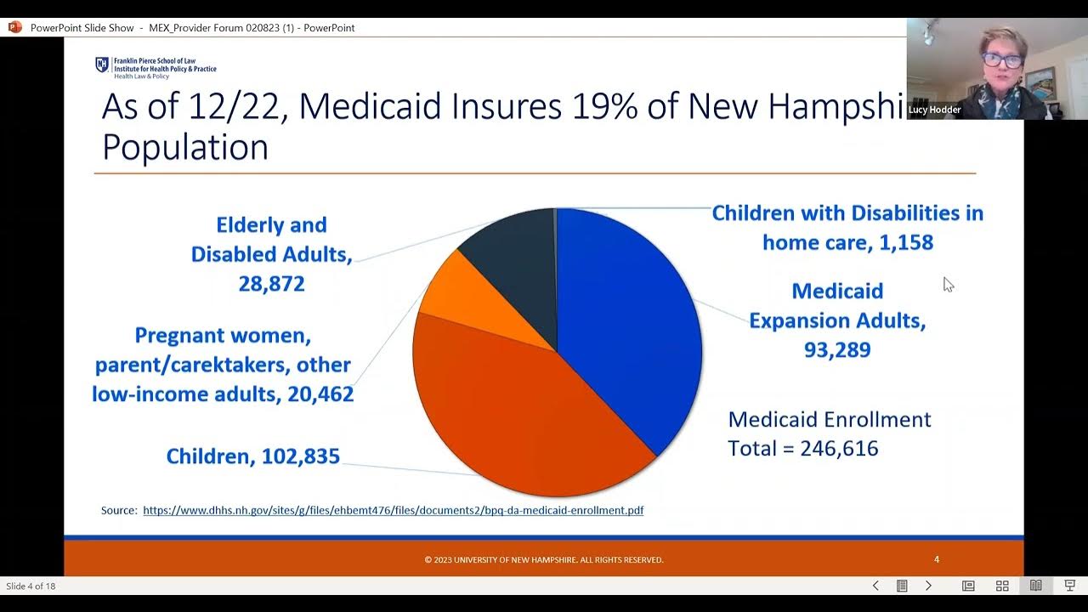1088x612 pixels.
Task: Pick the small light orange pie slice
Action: [x=455, y=289]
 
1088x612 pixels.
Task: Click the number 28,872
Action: [x=271, y=284]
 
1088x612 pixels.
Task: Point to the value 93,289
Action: [x=837, y=350]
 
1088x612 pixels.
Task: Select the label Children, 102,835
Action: [x=252, y=456]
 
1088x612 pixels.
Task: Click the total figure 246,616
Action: [x=840, y=449]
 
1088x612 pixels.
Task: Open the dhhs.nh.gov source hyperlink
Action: [x=393, y=511]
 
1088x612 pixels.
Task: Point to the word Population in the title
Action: [x=185, y=147]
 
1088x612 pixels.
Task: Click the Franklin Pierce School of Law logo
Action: [x=103, y=65]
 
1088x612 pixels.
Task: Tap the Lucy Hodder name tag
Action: [x=934, y=110]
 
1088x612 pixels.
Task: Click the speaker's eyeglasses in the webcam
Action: [x=995, y=59]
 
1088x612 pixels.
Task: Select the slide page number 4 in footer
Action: [x=937, y=559]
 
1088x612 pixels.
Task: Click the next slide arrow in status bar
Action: [x=928, y=586]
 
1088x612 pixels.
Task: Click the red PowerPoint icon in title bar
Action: [x=14, y=27]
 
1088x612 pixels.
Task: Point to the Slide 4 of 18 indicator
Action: [x=31, y=586]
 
